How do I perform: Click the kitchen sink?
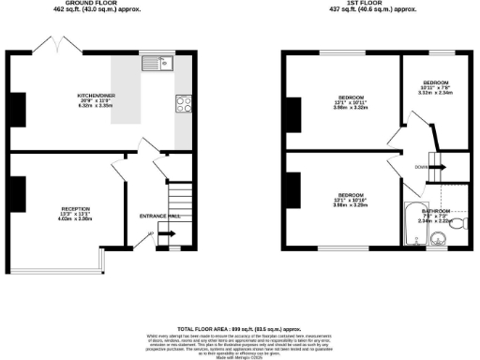coord(156,65)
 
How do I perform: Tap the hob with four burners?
coord(182,103)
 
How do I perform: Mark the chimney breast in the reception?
coord(17,191)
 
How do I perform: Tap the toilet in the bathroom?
coord(457,224)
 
